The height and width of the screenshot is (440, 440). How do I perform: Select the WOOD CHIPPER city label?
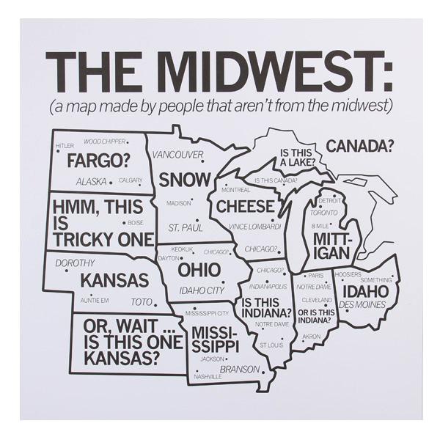click(x=103, y=142)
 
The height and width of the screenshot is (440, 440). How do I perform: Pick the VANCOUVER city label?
click(x=178, y=155)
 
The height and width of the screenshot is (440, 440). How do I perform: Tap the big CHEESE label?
click(x=245, y=206)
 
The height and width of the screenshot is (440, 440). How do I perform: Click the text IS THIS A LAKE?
click(x=297, y=156)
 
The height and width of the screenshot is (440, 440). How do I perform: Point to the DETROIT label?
click(x=330, y=200)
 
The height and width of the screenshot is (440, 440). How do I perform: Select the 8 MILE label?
click(x=321, y=225)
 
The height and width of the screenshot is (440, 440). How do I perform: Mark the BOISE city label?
click(x=135, y=222)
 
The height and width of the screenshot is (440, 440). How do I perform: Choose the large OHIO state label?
click(x=199, y=270)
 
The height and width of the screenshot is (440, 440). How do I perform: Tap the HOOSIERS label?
click(x=348, y=274)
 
